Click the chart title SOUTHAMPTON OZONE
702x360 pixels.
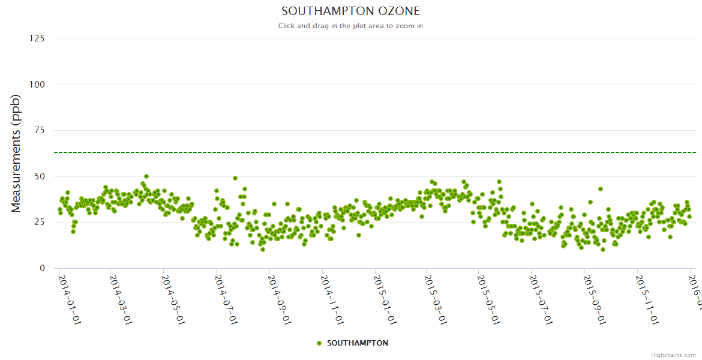click(x=350, y=11)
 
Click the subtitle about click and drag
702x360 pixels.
click(x=350, y=26)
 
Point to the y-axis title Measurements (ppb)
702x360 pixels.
click(x=16, y=154)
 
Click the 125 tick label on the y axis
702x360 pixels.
click(x=37, y=38)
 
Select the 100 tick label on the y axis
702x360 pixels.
click(x=37, y=85)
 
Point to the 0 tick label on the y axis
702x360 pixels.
click(x=41, y=268)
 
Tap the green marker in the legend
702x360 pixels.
click(x=319, y=343)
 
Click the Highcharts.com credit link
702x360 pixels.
click(x=673, y=355)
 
